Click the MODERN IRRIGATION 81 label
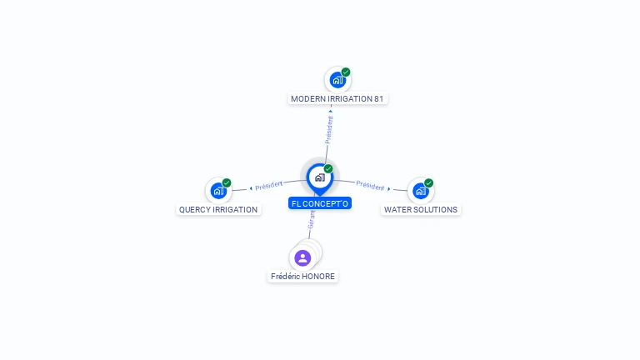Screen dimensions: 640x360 (337, 99)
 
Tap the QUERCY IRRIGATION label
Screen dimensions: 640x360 (218, 209)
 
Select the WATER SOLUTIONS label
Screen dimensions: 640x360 (420, 209)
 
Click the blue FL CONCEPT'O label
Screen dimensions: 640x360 (320, 203)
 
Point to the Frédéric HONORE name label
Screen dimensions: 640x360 (302, 277)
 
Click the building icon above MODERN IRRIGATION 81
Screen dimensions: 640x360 (337, 80)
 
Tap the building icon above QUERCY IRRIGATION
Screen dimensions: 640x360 (218, 191)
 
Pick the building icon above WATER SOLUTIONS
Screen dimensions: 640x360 (420, 191)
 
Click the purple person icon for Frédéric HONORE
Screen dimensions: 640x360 (302, 258)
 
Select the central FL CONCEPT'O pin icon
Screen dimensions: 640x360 (320, 179)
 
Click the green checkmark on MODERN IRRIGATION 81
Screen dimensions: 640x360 (346, 72)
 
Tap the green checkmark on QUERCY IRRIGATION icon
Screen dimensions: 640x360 (227, 182)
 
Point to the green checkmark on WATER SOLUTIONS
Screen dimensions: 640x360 (428, 182)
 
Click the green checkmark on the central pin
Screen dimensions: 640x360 (328, 168)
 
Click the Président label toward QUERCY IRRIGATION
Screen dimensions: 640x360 (269, 186)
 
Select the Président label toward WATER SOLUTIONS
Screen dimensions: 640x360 (370, 185)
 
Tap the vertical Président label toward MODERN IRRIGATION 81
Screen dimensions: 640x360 (329, 130)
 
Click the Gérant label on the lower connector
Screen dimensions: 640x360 (312, 220)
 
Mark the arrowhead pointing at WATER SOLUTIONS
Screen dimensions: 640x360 (389, 189)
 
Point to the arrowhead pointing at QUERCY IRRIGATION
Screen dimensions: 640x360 (251, 188)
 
